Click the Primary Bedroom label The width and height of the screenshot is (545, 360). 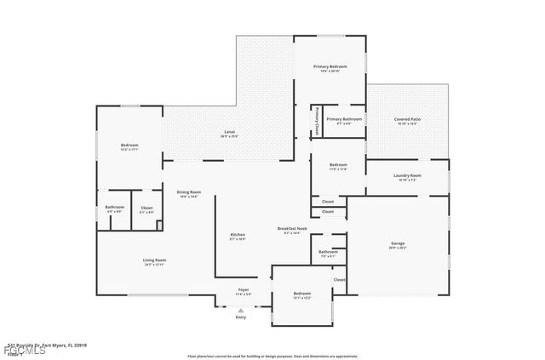[331, 66]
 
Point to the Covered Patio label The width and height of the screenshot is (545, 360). [407, 119]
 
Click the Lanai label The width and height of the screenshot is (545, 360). [229, 132]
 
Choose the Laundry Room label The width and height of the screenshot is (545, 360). [407, 175]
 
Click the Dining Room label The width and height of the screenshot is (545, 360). [189, 192]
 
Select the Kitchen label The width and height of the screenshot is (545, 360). [238, 235]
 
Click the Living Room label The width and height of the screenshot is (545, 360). [154, 260]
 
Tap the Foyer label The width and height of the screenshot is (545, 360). [243, 290]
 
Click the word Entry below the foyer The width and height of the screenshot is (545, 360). [241, 317]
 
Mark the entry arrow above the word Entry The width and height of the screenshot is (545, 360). [241, 310]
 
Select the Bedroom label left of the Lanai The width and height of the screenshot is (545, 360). [129, 146]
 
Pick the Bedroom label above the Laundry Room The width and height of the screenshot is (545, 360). [338, 164]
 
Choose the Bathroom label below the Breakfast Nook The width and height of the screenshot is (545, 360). [328, 252]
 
